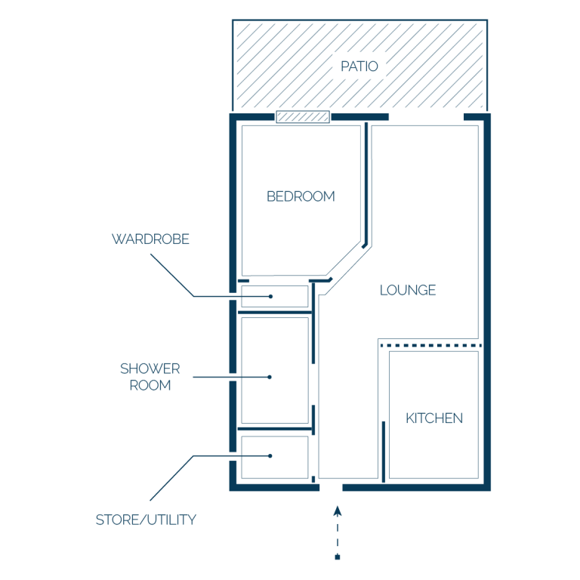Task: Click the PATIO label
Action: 359,66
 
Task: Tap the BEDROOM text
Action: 301,196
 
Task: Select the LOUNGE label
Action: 408,290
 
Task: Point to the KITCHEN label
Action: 434,418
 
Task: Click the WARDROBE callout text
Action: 150,239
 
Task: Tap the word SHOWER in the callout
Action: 150,369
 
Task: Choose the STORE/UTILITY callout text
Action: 146,520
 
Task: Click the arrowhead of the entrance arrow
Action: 338,511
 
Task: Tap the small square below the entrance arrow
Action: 338,557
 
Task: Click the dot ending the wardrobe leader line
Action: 271,296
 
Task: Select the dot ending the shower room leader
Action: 270,377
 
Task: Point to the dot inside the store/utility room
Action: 270,455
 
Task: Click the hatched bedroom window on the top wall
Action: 303,117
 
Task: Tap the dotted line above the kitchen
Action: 431,345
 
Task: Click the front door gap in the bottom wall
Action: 331,488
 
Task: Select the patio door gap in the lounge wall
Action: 426,117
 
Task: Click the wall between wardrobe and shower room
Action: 275,313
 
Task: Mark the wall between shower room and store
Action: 275,429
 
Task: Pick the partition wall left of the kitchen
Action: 384,452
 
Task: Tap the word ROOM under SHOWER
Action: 150,385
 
